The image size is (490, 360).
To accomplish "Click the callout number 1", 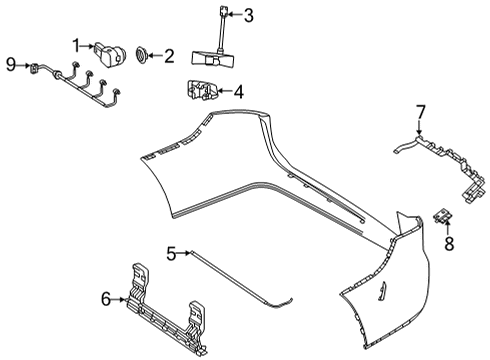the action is pyautogui.click(x=76, y=46).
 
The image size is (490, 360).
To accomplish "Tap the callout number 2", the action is pyautogui.click(x=169, y=56).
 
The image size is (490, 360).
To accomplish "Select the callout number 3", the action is pyautogui.click(x=249, y=15).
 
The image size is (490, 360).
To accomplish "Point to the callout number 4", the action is pyautogui.click(x=239, y=92).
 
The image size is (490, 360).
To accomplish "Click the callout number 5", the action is pyautogui.click(x=171, y=254).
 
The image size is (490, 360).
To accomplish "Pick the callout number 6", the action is pyautogui.click(x=106, y=299).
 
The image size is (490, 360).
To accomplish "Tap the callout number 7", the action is pyautogui.click(x=421, y=112).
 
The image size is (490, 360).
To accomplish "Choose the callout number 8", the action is pyautogui.click(x=449, y=243).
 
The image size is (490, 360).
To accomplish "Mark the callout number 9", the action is pyautogui.click(x=11, y=64).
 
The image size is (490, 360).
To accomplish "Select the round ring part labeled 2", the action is pyautogui.click(x=141, y=55).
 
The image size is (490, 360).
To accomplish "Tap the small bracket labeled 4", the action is pyautogui.click(x=202, y=90).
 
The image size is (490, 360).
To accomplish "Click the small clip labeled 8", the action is pyautogui.click(x=443, y=215).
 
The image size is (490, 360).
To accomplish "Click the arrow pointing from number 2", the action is pyautogui.click(x=155, y=55).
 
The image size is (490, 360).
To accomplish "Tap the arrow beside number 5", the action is pyautogui.click(x=183, y=253).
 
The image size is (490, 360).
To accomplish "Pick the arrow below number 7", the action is pyautogui.click(x=419, y=127).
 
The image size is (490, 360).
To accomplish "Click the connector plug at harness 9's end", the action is pyautogui.click(x=34, y=68).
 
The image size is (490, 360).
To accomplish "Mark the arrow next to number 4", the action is pyautogui.click(x=224, y=91).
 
